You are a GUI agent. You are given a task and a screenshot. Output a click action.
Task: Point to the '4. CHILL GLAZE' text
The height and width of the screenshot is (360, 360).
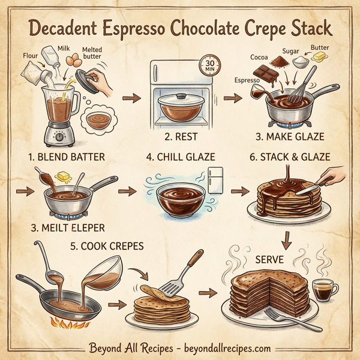(x=180, y=158)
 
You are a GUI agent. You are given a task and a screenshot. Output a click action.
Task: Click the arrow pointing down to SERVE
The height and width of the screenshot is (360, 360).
(x=286, y=239)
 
